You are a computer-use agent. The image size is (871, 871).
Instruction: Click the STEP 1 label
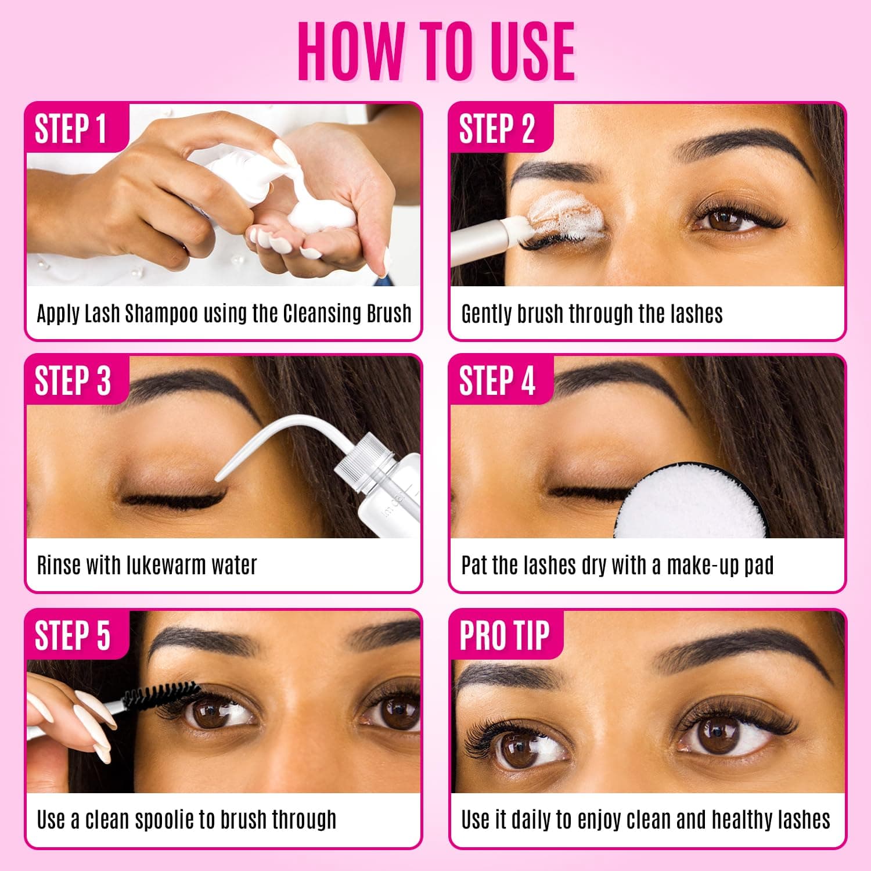[x=71, y=128]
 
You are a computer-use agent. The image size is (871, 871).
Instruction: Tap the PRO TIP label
[x=504, y=635]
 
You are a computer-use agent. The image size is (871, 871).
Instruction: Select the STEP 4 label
[x=496, y=381]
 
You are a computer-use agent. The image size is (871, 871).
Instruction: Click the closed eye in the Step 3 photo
[x=174, y=498]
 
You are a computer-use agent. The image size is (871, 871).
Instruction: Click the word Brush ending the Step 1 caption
[x=388, y=314]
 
